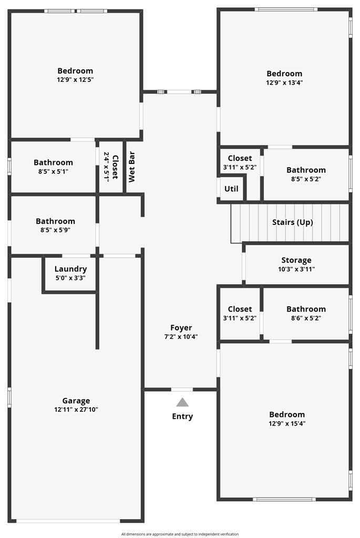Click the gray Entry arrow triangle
coord(182,402)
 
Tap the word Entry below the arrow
coord(182,416)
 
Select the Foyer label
coord(181,328)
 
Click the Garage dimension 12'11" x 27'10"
coord(76,409)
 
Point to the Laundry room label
coord(71,269)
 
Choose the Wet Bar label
coord(131,167)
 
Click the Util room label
coord(231,189)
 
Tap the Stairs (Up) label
coord(293,222)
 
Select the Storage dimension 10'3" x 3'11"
coord(296,270)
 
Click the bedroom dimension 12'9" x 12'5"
coord(76,80)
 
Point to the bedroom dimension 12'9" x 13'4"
coord(284,82)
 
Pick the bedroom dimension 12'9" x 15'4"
coord(287,423)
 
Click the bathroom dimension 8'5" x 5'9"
coord(56,230)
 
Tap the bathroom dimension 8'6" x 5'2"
coord(306,318)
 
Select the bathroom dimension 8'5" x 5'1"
coord(53,171)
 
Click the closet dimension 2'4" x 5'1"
coord(107,167)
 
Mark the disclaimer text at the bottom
coord(180,534)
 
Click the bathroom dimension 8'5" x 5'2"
coord(306,179)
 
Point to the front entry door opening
coord(182,389)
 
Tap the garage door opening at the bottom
coord(68,521)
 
